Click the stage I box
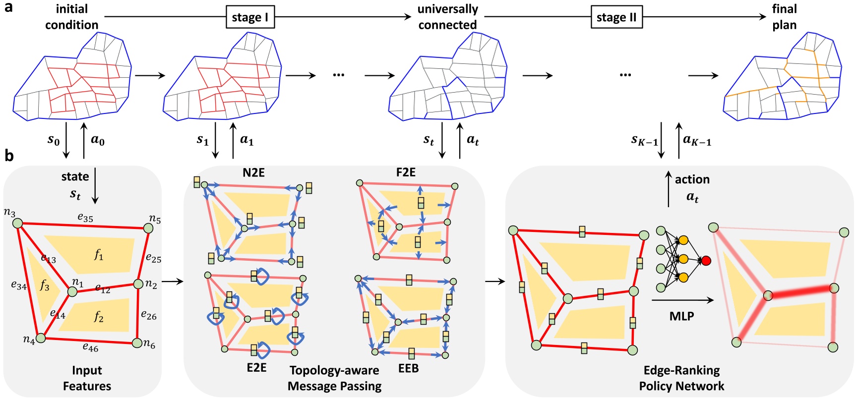[250, 17]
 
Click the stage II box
[616, 17]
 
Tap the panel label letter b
[9, 156]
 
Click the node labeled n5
[148, 228]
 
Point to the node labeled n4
[41, 338]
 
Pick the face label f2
[99, 317]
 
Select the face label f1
[99, 255]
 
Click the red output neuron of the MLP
[706, 260]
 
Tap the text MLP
[681, 316]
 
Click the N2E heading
[253, 172]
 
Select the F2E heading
[406, 172]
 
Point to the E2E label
[256, 367]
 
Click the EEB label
[408, 368]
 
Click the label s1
[202, 140]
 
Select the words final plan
[784, 17]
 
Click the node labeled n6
[137, 343]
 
